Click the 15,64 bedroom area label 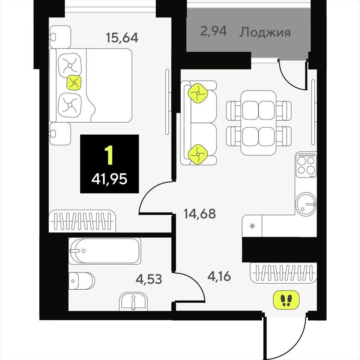122,38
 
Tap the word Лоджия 265,32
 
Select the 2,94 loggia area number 213,31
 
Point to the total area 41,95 109,179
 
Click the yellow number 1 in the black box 109,155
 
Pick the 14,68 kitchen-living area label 200,213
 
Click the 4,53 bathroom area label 149,279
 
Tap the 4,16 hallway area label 219,276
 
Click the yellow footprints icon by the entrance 286,300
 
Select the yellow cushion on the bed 74,82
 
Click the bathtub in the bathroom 105,251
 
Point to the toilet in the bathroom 82,281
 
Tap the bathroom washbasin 133,301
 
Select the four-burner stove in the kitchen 306,165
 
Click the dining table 258,123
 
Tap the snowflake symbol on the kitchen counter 252,226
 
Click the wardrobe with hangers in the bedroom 82,221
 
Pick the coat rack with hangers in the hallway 283,273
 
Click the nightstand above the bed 60,37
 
